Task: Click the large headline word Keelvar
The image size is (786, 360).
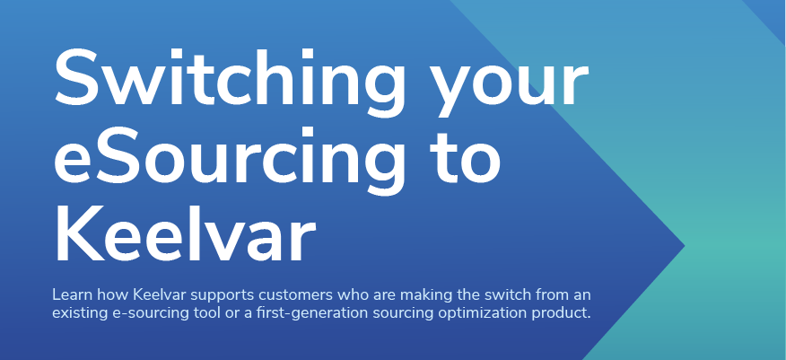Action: [x=185, y=235]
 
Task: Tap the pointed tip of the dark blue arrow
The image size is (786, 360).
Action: [x=684, y=246]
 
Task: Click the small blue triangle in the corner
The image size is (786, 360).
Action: [x=772, y=14]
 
